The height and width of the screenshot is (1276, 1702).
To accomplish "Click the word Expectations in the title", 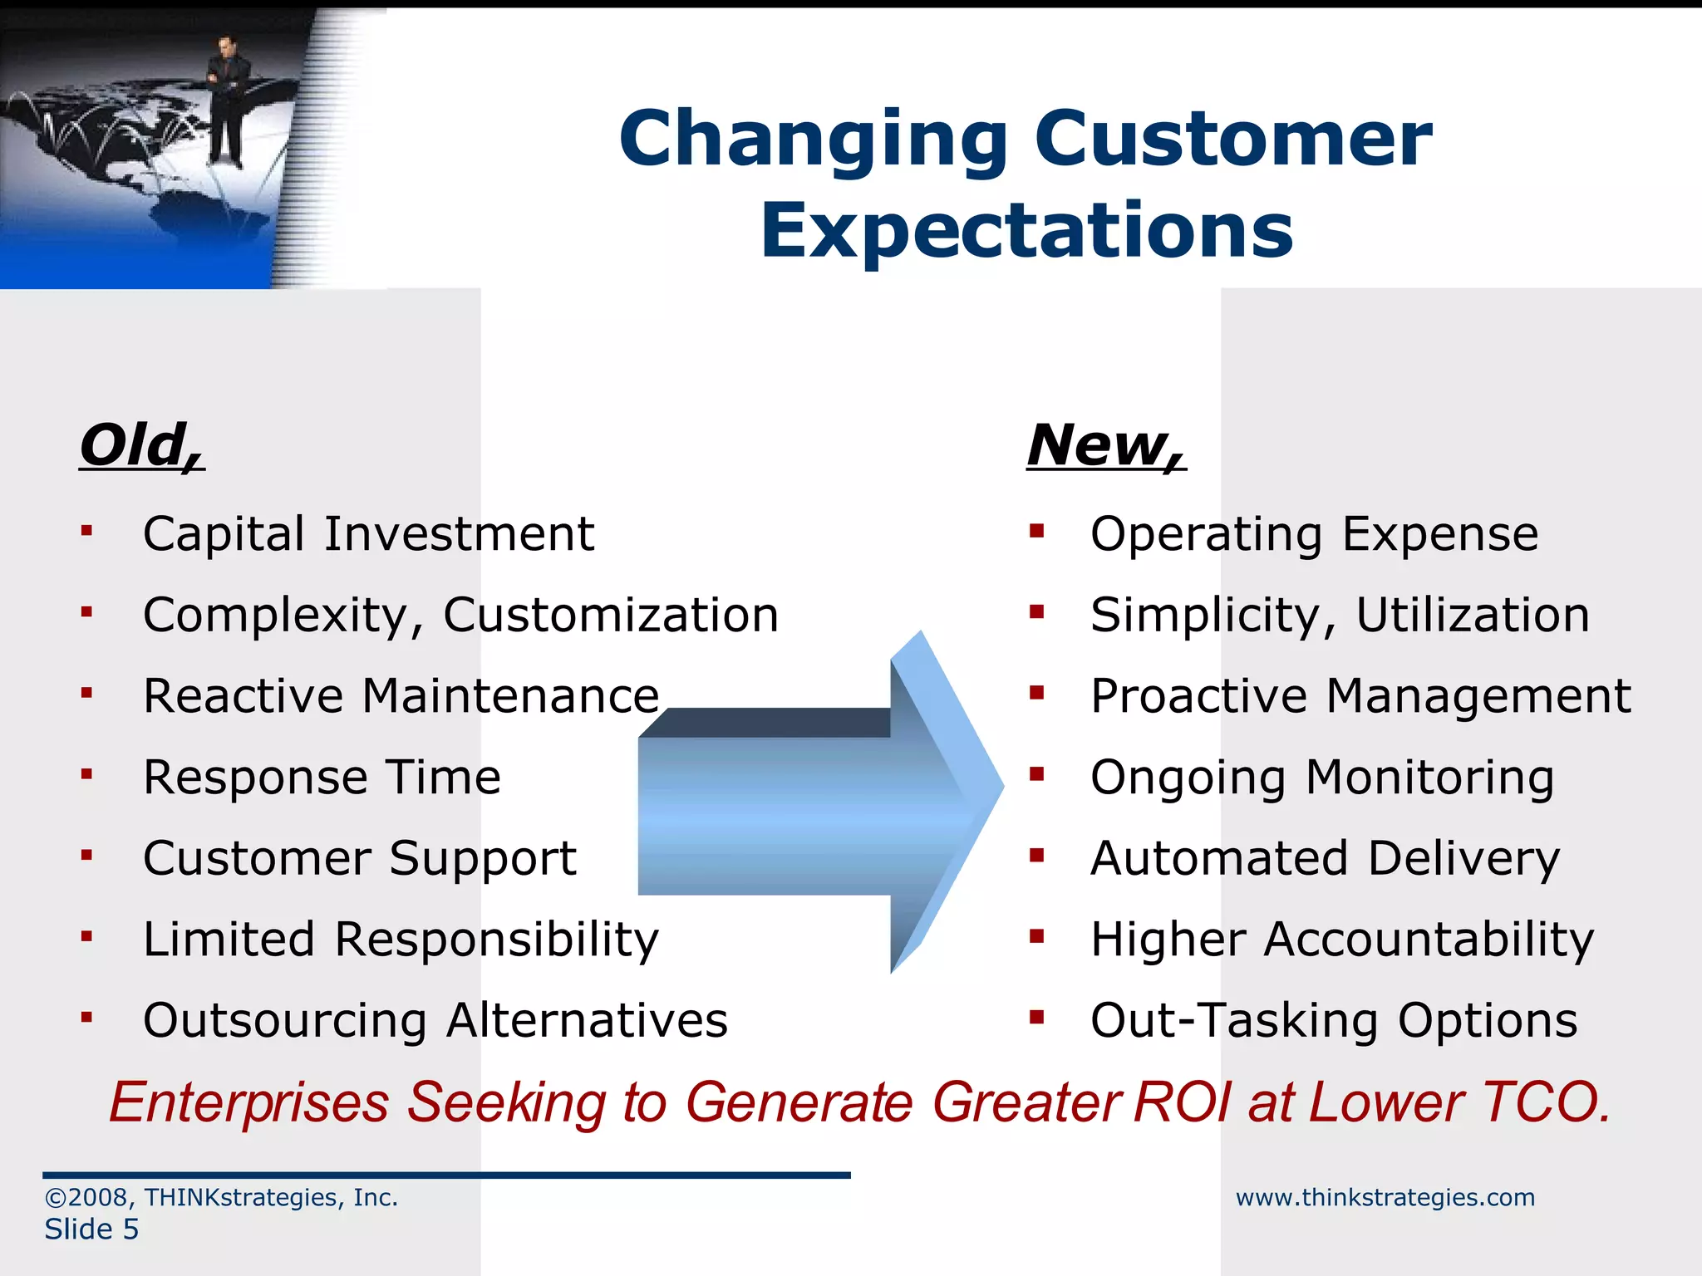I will coord(1026,230).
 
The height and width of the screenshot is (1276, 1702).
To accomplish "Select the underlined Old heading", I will coord(141,445).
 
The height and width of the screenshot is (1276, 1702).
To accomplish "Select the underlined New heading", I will coord(1105,445).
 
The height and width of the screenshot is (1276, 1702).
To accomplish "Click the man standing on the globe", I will coord(225,100).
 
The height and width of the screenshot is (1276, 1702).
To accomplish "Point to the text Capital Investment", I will coord(368,533).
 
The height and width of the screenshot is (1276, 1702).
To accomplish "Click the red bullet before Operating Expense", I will coord(1035,530).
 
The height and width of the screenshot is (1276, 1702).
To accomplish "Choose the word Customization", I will coord(611,615).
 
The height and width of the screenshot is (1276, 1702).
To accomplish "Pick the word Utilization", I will coord(1473,615).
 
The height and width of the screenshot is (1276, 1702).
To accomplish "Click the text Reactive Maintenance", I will coord(401,695).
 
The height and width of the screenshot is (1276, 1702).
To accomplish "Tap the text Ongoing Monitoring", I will coord(1321,778).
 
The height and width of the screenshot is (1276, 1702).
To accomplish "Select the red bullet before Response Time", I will coord(86,773).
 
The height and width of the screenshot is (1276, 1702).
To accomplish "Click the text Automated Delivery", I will coord(1325,858).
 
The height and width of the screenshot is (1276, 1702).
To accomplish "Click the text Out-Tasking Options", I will coord(1333,1020).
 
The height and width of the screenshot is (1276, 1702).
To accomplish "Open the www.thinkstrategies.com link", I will coord(1385,1197).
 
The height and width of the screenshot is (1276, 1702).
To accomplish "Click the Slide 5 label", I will coord(91,1229).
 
